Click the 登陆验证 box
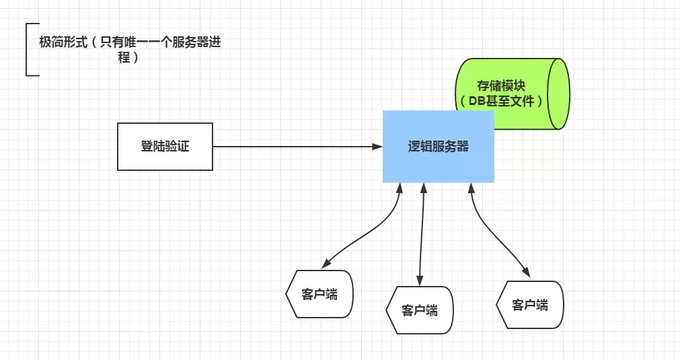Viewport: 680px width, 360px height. [165, 146]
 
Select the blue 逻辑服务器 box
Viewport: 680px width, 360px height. [439, 147]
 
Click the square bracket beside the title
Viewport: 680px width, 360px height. [28, 50]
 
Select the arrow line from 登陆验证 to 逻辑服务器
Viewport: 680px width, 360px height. [289, 146]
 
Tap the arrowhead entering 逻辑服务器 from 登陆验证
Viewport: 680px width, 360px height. [377, 146]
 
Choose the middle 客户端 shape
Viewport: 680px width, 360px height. [420, 310]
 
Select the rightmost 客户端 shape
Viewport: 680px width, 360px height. [530, 305]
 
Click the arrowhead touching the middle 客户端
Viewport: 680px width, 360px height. [420, 281]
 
